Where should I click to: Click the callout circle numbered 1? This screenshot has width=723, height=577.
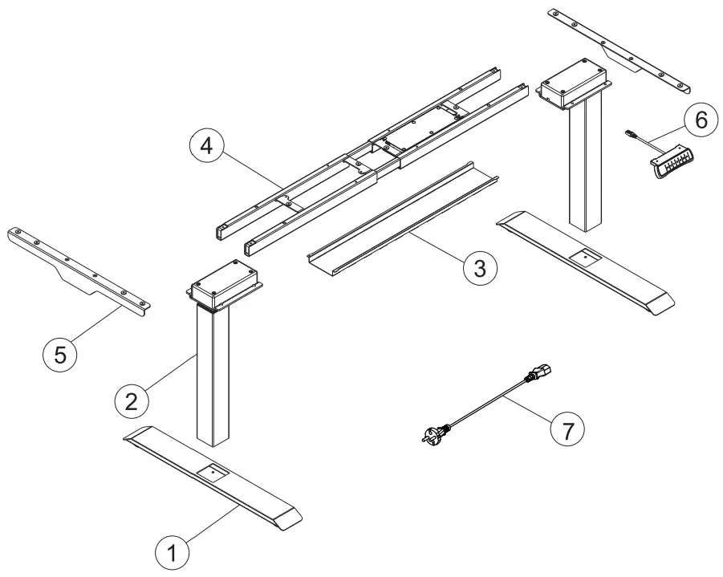[171, 553]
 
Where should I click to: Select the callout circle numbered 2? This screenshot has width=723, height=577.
[130, 399]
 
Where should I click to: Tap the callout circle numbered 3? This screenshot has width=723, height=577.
[478, 267]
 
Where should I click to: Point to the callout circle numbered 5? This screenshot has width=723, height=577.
[59, 353]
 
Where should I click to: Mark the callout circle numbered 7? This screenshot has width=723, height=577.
[567, 429]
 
